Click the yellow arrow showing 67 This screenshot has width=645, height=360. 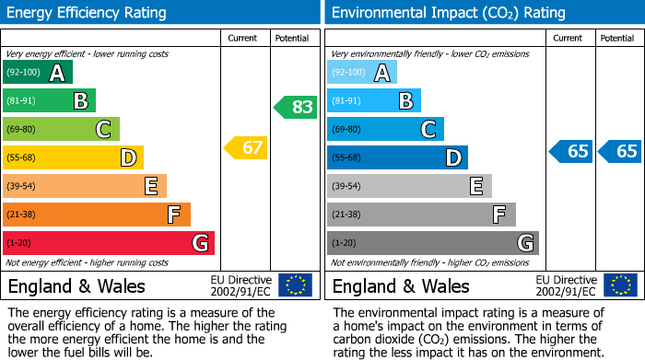coord(246,147)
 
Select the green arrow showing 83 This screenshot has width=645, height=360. coord(296,107)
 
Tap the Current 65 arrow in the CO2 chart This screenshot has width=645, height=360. coord(570,152)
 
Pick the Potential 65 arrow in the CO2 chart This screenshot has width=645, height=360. coord(619,152)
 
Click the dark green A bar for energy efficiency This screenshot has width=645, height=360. coord(37,73)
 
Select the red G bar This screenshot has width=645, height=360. coord(109,243)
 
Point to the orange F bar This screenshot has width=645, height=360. coord(97,215)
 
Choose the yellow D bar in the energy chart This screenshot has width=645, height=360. coord(73,157)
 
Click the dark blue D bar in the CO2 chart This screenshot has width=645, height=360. coord(397,157)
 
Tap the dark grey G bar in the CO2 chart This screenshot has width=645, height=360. coord(432,243)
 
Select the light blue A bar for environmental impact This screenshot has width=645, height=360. coord(362,73)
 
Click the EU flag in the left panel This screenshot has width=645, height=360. coord(295,285)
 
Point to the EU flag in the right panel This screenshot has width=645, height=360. coord(619,285)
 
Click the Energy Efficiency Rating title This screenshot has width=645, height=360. coord(88,13)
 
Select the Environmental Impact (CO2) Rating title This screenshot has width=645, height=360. coord(448,13)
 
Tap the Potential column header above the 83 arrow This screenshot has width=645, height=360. coord(292,38)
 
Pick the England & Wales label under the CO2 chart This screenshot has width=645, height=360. coord(401,285)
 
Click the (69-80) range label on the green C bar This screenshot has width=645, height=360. coord(21,129)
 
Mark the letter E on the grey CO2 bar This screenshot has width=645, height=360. coord(476,186)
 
